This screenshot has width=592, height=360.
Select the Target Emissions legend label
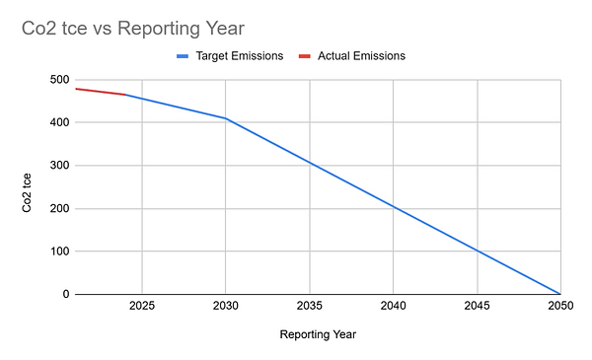pyautogui.click(x=241, y=56)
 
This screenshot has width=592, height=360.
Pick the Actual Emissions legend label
pyautogui.click(x=361, y=56)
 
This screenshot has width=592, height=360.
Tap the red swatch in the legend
pyautogui.click(x=305, y=56)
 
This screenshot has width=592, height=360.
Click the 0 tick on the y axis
pyautogui.click(x=64, y=294)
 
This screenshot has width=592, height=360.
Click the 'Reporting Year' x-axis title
pyautogui.click(x=318, y=334)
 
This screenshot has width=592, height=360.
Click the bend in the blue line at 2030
pyautogui.click(x=226, y=118)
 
